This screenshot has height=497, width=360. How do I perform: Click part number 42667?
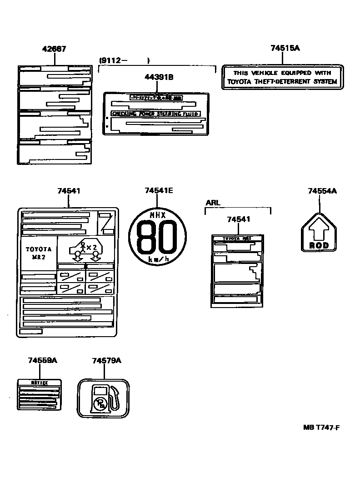[54, 49]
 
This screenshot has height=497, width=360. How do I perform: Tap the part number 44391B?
[159, 77]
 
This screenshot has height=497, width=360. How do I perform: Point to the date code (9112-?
[114, 60]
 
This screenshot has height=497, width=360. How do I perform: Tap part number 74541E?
[159, 191]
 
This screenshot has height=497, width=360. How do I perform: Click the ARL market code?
[213, 203]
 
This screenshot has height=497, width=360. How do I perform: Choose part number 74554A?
[322, 191]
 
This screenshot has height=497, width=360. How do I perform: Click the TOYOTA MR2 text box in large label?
[39, 253]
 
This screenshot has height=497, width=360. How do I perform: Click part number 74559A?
[42, 360]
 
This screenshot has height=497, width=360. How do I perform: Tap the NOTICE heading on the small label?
[39, 383]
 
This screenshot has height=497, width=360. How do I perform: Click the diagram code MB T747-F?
[322, 427]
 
